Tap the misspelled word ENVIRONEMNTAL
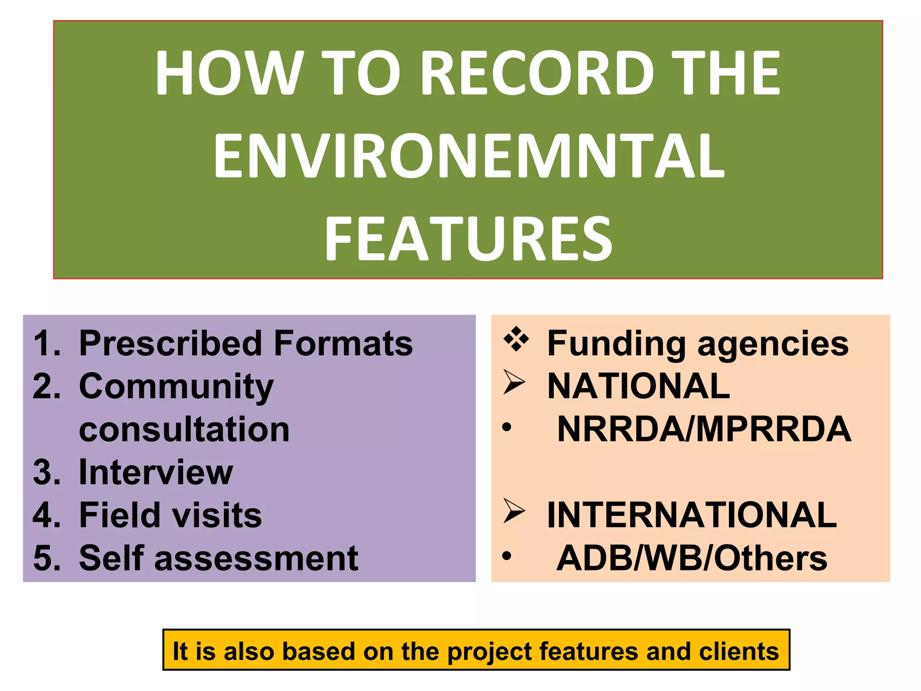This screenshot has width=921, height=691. click(x=469, y=156)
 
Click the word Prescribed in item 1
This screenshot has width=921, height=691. click(x=170, y=344)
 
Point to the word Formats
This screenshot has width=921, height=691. click(x=343, y=344)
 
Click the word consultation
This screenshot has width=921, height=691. click(x=184, y=430)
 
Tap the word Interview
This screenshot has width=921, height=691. click(x=156, y=472)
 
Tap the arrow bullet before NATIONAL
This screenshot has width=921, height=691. click(x=514, y=383)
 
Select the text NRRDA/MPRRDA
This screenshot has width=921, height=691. click(x=704, y=429)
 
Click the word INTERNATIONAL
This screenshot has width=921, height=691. click(x=692, y=515)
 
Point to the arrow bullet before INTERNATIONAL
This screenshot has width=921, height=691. click(x=514, y=512)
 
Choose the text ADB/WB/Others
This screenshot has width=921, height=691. click(x=692, y=558)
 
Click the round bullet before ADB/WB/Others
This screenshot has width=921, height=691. click(x=507, y=556)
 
